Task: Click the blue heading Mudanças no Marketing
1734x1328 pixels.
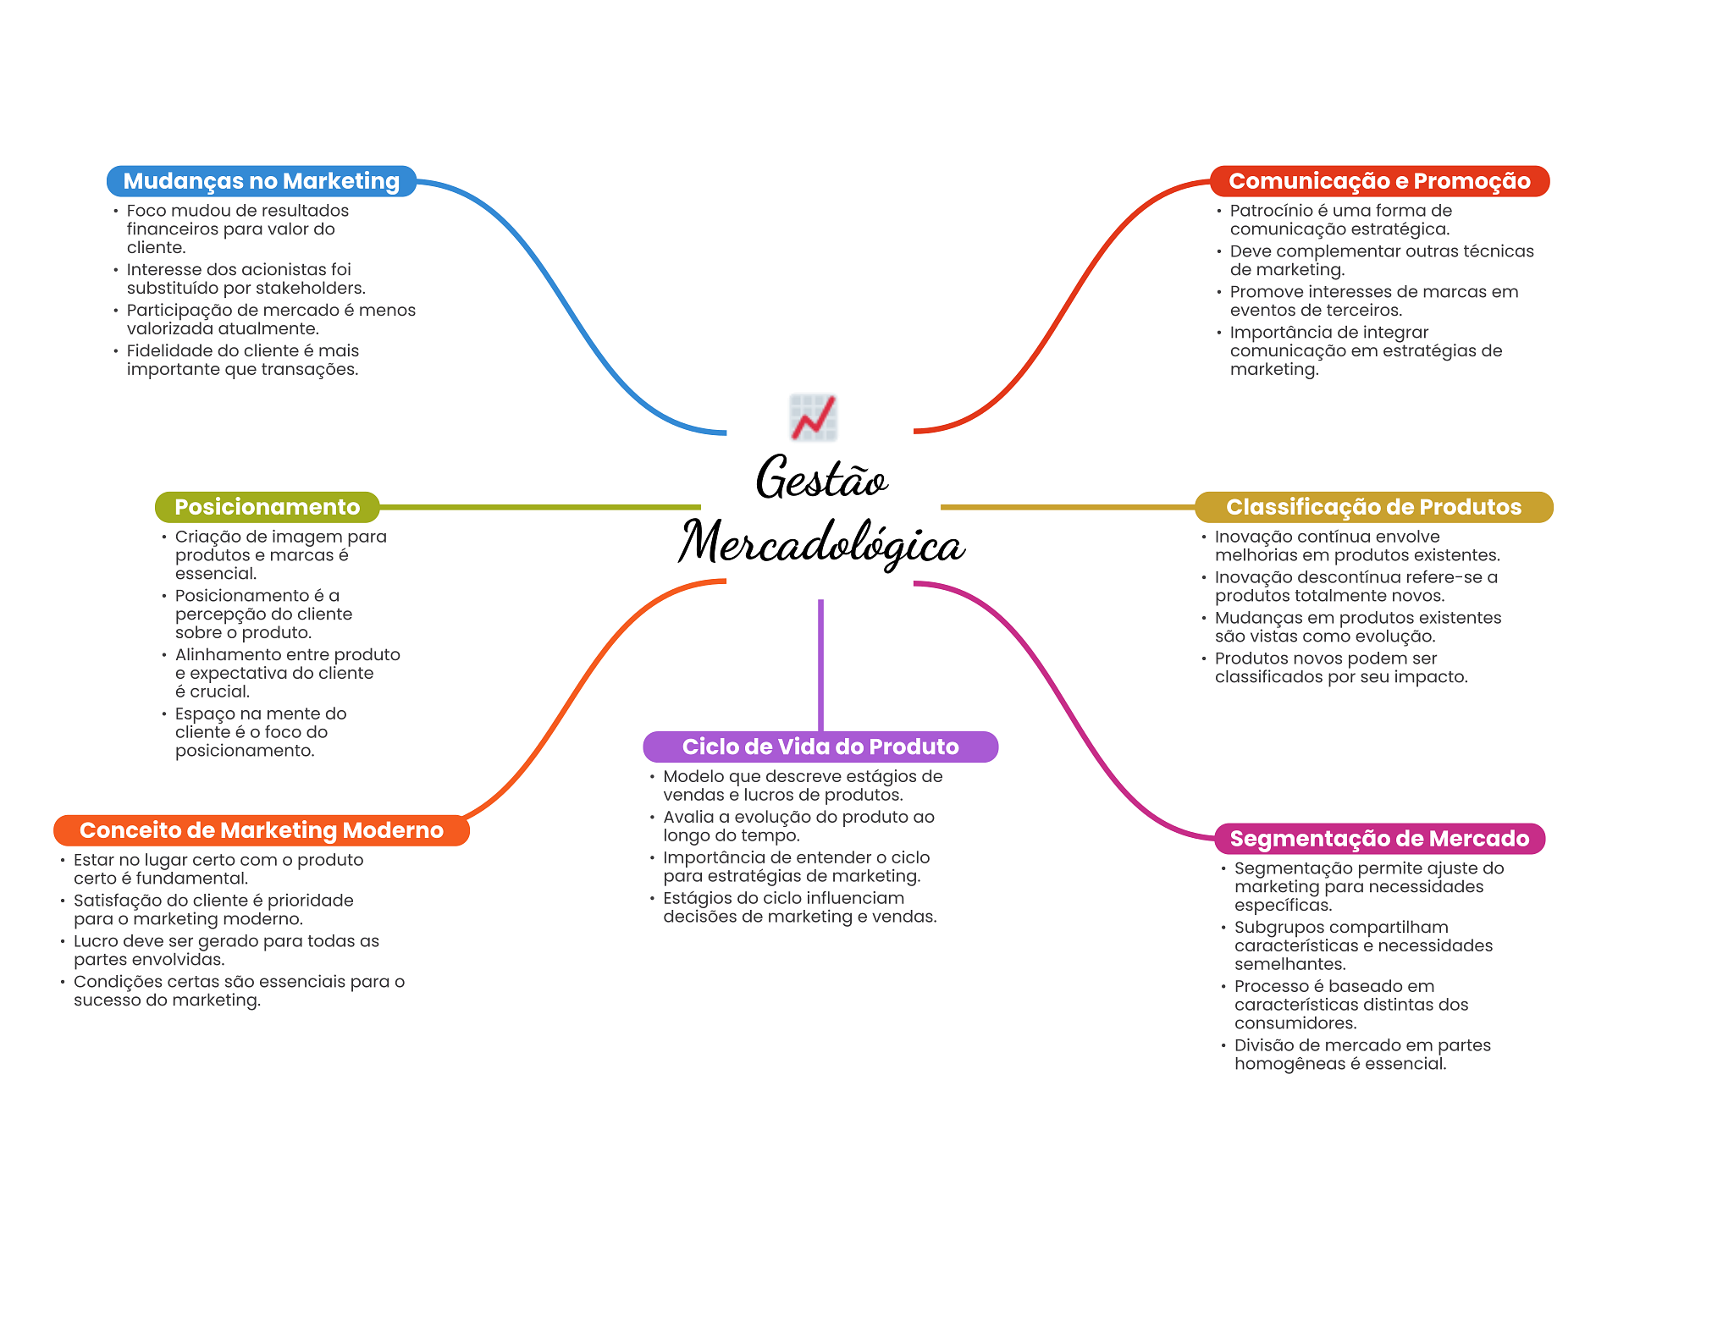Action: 261,181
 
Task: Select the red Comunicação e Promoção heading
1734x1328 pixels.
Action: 1379,181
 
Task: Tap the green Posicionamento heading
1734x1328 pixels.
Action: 267,507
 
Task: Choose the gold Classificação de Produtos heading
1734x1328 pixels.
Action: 1373,507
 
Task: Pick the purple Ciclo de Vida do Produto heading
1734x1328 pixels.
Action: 820,747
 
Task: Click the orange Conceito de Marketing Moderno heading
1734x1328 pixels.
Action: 261,830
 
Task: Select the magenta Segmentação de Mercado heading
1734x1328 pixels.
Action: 1379,839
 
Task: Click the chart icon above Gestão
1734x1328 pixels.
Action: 813,417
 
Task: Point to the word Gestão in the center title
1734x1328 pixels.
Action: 821,478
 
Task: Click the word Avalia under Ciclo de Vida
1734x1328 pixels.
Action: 688,818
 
